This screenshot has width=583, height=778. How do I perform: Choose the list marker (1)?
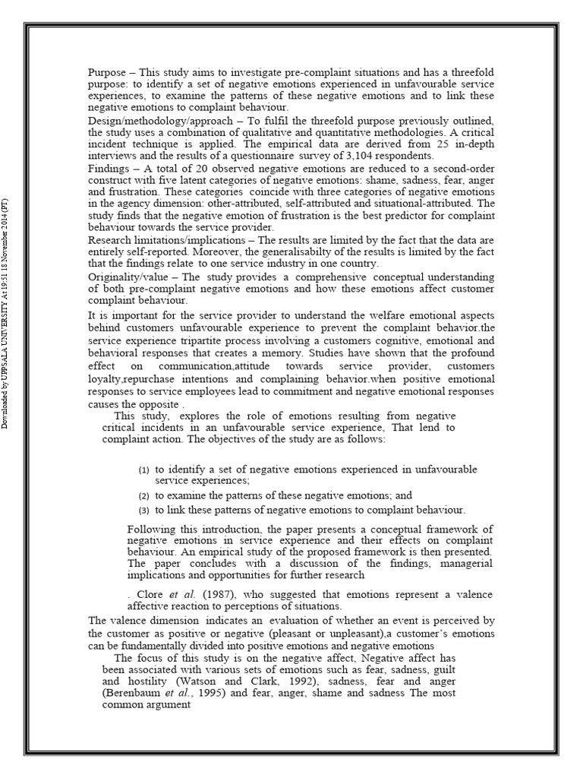tap(143, 470)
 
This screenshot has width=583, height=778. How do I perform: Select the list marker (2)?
tap(143, 495)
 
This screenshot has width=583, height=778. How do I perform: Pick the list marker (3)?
tap(143, 510)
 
